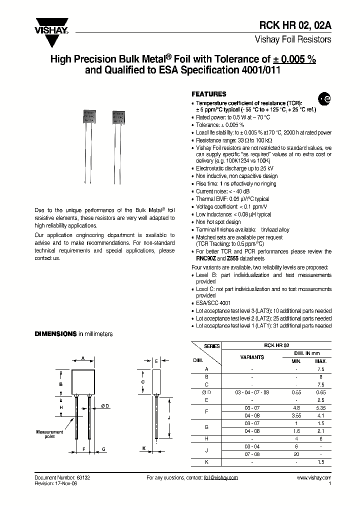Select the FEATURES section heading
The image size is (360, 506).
pyautogui.click(x=209, y=94)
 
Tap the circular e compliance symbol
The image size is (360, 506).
pyautogui.click(x=324, y=99)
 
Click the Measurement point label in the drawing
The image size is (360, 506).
pyautogui.click(x=49, y=433)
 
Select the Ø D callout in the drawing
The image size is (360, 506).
pyautogui.click(x=105, y=405)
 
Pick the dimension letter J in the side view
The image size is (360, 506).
pyautogui.click(x=169, y=417)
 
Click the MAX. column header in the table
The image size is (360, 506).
pyautogui.click(x=320, y=361)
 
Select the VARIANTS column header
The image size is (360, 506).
pyautogui.click(x=252, y=357)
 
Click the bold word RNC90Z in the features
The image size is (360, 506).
pyautogui.click(x=204, y=259)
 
